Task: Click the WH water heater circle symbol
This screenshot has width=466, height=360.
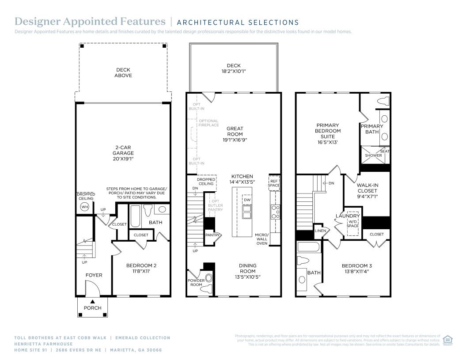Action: (x=85, y=206)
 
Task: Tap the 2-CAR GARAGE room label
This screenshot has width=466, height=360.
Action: (x=123, y=153)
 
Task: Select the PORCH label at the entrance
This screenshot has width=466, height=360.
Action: (x=92, y=308)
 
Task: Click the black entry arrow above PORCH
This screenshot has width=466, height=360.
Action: (x=92, y=301)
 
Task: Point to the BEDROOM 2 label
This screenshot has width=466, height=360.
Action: (x=141, y=268)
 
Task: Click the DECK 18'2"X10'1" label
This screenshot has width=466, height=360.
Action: (x=234, y=68)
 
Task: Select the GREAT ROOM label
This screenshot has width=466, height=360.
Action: (x=235, y=134)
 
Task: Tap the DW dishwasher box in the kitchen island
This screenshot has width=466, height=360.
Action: (x=247, y=200)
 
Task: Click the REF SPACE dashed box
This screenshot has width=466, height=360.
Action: (x=273, y=183)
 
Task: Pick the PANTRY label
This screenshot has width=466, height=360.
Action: (x=212, y=235)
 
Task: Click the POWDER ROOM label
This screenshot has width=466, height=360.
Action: (x=196, y=283)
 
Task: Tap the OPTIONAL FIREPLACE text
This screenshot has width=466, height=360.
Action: (x=208, y=123)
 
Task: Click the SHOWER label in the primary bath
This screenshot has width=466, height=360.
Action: (x=373, y=155)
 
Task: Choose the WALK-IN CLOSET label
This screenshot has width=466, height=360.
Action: (x=367, y=191)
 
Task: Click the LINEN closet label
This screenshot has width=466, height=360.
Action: (x=320, y=231)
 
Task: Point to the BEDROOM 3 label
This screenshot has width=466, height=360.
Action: (x=356, y=268)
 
